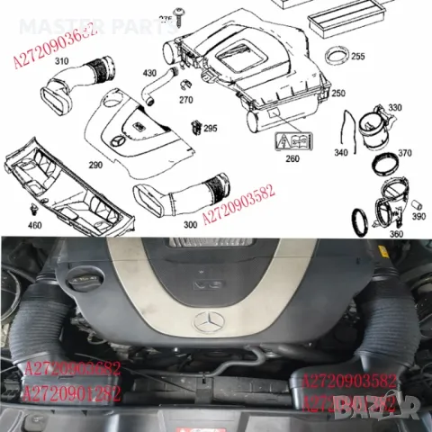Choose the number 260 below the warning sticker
[292, 159]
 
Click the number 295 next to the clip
[210, 129]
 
